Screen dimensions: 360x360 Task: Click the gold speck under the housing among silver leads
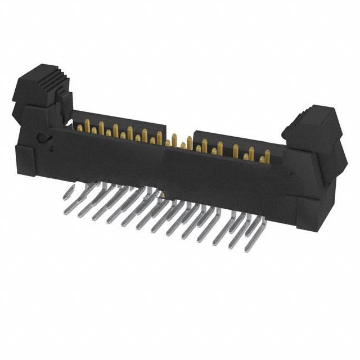pyautogui.click(x=161, y=195)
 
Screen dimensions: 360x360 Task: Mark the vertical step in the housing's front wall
pyautogui.click(x=166, y=163)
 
